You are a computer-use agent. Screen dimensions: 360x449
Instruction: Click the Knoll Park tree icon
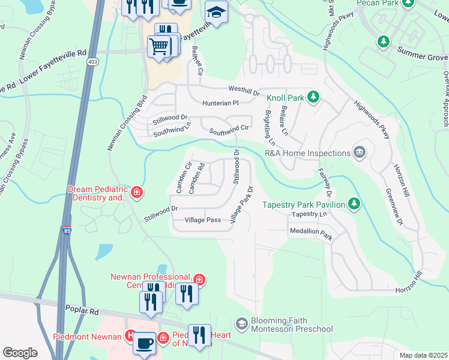(313, 96)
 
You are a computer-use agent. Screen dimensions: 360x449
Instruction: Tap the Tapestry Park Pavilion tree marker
(355, 204)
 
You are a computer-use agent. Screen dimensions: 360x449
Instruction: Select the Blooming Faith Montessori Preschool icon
(242, 323)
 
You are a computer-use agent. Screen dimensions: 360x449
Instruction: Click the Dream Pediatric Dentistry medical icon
(137, 192)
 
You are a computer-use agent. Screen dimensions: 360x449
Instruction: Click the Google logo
(20, 352)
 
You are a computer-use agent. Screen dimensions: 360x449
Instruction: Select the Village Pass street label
(203, 220)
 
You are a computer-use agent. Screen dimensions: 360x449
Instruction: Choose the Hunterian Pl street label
(220, 103)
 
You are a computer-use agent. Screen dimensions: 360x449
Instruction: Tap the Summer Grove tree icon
(383, 41)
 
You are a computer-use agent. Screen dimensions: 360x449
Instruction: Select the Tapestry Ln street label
(309, 214)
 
